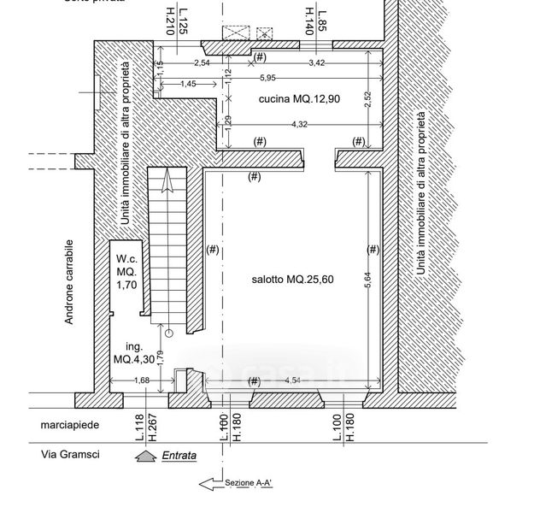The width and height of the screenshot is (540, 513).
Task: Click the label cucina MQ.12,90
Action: [x=299, y=99]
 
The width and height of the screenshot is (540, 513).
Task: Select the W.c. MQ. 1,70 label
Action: [x=127, y=273]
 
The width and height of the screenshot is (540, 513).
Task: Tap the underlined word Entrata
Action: [x=179, y=456]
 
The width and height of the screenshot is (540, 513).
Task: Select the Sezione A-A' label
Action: [x=248, y=483]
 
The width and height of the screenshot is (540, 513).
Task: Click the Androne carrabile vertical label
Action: [x=70, y=282]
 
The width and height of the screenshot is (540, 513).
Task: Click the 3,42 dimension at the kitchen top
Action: [x=316, y=63]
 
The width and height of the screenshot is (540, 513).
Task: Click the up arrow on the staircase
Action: [x=167, y=180]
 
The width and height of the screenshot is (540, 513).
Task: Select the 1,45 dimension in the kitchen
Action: [x=189, y=84]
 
